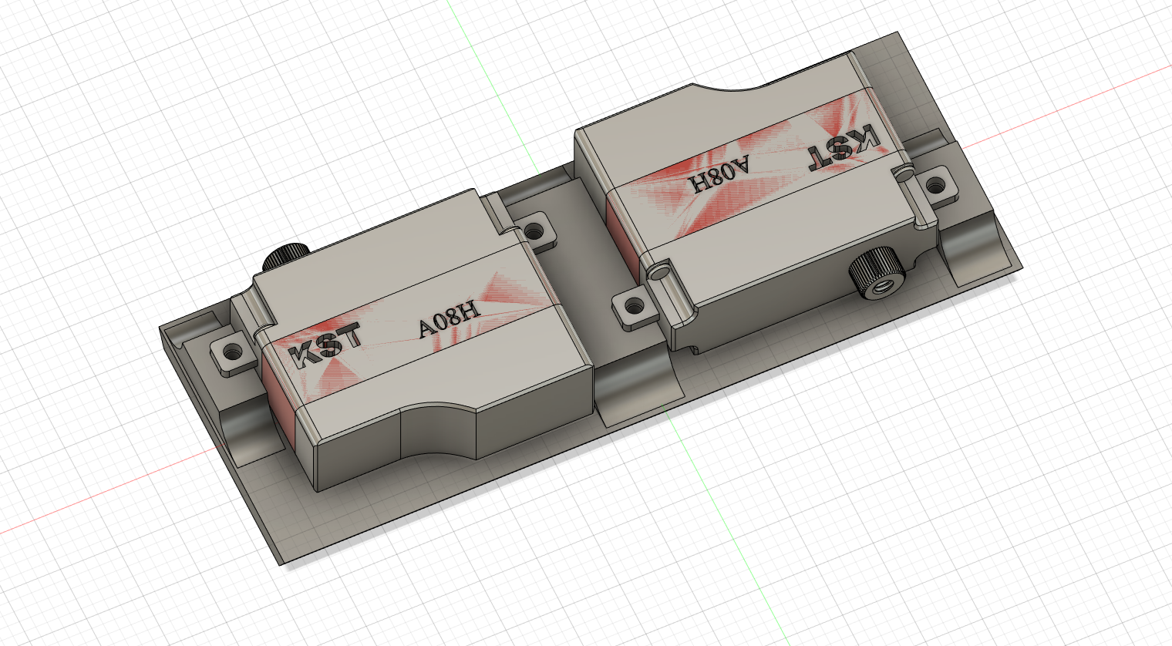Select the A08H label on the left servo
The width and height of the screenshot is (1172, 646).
[450, 319]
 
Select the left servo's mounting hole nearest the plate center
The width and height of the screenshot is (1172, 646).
[532, 229]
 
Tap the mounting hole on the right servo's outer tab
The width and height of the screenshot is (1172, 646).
[935, 184]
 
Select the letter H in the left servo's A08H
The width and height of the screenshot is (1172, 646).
[471, 311]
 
